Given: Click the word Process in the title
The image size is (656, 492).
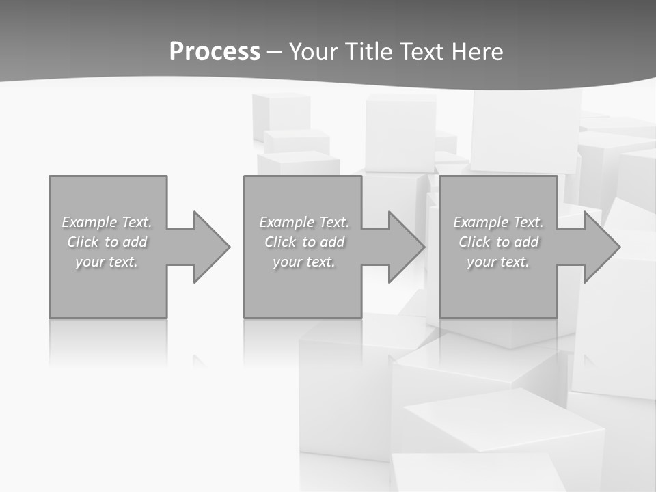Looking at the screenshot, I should click(215, 52).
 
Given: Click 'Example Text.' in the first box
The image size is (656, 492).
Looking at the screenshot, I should click(107, 222).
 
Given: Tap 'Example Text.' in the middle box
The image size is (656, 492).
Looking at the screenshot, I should click(304, 222).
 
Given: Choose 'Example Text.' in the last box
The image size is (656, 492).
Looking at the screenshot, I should click(498, 222).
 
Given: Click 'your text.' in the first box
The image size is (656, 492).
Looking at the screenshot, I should click(107, 262).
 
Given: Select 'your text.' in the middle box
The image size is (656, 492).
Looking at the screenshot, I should click(304, 262).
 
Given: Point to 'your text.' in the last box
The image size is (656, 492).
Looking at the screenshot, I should click(498, 262).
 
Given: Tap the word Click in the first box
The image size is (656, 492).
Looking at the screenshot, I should click(82, 242).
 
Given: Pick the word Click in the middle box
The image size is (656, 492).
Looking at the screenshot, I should click(279, 242).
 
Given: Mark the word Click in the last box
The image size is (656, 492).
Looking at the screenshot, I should click(474, 242).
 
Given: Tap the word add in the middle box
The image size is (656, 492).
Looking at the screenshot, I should click(332, 242).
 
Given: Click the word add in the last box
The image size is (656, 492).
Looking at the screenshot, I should click(526, 242).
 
